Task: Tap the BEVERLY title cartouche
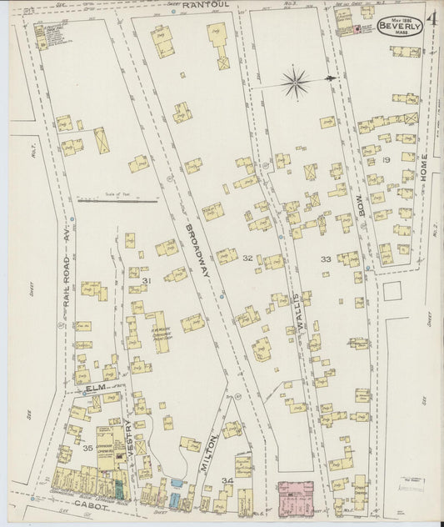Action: tap(400, 25)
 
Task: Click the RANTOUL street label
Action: tap(206, 5)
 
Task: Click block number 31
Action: tap(147, 283)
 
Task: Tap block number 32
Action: tap(247, 258)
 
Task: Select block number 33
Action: tap(326, 259)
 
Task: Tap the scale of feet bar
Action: tap(117, 201)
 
